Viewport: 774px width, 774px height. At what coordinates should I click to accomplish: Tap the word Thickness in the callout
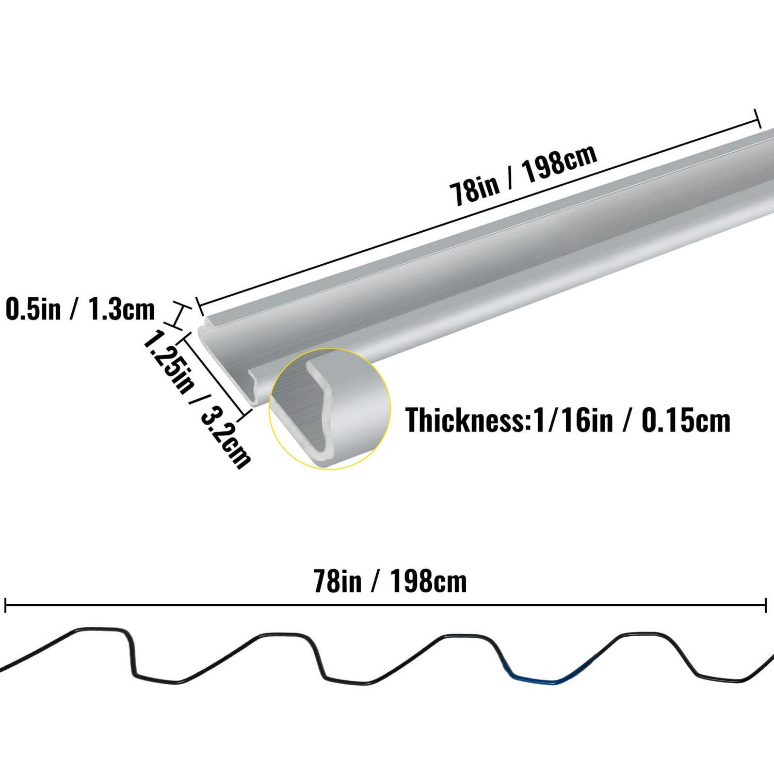[x=464, y=420]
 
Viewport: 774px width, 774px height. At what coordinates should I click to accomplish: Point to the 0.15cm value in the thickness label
[x=686, y=420]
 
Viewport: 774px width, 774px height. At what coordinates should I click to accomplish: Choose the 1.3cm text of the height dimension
[x=122, y=310]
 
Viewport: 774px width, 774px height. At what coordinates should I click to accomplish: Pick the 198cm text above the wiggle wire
[x=428, y=582]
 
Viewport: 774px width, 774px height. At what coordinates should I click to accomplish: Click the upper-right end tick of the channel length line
[x=757, y=118]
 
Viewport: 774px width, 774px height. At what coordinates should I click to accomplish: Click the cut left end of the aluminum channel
[x=227, y=361]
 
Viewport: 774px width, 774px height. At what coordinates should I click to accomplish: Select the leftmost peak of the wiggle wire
[x=98, y=630]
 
